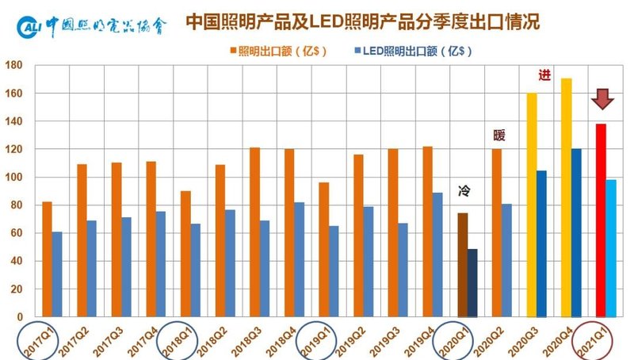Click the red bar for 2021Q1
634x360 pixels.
(601, 220)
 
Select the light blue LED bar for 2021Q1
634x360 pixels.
(611, 248)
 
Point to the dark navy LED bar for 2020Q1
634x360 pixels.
(472, 283)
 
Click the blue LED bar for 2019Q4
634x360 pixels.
(438, 255)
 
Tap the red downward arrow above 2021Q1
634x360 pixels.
(602, 98)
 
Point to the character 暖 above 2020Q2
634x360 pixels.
(498, 136)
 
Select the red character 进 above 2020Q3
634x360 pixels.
(544, 75)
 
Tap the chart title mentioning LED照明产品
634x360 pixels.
(363, 21)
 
